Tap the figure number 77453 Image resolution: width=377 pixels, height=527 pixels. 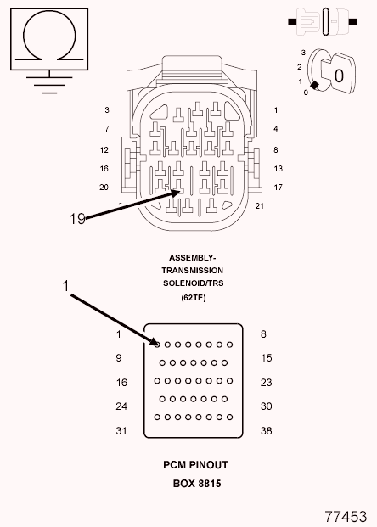[346, 516]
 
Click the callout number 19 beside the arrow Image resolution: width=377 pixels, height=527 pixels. [77, 219]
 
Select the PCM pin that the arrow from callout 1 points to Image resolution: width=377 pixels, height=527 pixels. [157, 345]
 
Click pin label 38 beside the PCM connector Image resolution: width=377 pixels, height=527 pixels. [266, 430]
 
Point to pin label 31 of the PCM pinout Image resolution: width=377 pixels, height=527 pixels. [121, 430]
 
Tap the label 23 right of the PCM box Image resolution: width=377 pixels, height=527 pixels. [266, 382]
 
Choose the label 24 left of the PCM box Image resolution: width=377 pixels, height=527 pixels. [121, 406]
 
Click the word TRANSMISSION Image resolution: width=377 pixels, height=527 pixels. [193, 270]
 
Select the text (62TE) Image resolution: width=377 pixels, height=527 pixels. [193, 298]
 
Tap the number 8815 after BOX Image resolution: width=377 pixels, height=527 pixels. [210, 484]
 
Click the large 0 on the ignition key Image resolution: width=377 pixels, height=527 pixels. [339, 76]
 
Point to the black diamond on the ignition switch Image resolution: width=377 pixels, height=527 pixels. [314, 86]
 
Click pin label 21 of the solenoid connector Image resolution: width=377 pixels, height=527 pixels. [259, 205]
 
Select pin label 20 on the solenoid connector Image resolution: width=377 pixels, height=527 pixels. [104, 188]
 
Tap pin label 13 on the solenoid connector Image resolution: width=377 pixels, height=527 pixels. [279, 168]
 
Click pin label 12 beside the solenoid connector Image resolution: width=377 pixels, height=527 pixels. [104, 150]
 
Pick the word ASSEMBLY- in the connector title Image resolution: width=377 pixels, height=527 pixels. [192, 258]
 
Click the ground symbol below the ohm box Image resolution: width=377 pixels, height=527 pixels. [49, 81]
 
